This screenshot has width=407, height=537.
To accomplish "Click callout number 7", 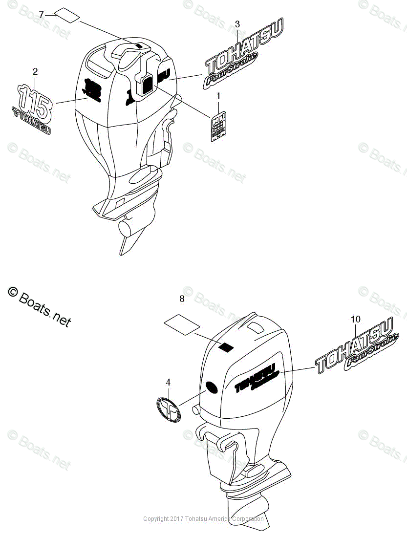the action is point(42,15).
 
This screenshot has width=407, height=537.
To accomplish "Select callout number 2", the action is point(35,72).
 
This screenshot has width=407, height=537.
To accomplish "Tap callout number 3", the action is point(237,24).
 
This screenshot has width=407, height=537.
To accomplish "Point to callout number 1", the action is point(218,95).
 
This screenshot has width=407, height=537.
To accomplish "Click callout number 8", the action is point(182,298).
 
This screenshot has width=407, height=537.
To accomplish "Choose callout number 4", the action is point(168,383).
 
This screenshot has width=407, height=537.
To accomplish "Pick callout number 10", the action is point(355,319).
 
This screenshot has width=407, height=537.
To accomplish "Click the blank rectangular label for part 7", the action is point(67,15).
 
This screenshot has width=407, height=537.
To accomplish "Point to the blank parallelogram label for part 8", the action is point(182,322).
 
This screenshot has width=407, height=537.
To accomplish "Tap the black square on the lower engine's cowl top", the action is point(225,347).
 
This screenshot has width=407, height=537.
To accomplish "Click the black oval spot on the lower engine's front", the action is point(212,387).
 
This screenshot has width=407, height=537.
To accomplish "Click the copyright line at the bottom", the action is point(203,519).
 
